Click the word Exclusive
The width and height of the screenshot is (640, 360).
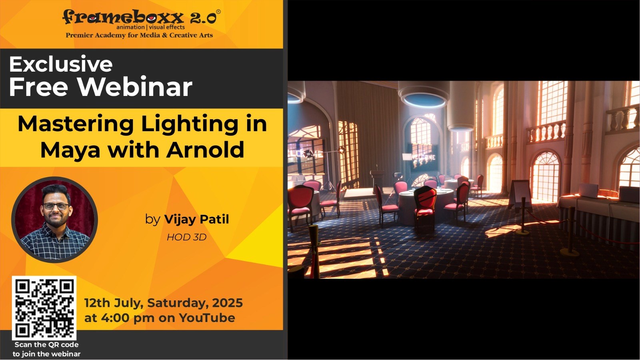pyautogui.click(x=61, y=64)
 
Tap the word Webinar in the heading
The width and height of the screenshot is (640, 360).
pyautogui.click(x=135, y=87)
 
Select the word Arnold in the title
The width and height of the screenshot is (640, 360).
pyautogui.click(x=205, y=150)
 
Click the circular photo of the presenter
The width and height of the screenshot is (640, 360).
pyautogui.click(x=54, y=220)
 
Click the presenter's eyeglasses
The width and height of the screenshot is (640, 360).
pyautogui.click(x=56, y=206)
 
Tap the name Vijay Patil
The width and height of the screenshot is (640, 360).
pyautogui.click(x=196, y=219)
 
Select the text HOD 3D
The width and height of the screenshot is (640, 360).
pyautogui.click(x=186, y=237)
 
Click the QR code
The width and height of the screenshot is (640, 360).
pyautogui.click(x=44, y=308)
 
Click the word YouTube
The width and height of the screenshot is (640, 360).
pyautogui.click(x=207, y=318)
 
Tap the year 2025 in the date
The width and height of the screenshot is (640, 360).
pyautogui.click(x=228, y=303)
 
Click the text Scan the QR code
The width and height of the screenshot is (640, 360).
pyautogui.click(x=46, y=344)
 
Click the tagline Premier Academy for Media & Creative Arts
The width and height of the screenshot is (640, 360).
pyautogui.click(x=140, y=35)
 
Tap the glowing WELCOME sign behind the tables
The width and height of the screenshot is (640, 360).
pyautogui.click(x=424, y=158)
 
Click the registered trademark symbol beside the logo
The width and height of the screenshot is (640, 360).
pyautogui.click(x=218, y=12)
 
